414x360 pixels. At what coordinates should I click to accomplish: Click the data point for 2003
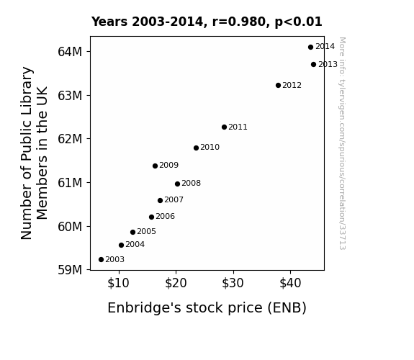[101, 260]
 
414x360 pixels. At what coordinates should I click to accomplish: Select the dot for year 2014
[310, 47]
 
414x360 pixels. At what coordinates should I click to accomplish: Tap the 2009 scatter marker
[155, 166]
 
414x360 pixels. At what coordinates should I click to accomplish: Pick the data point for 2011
[224, 127]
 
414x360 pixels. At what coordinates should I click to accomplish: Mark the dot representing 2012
[278, 85]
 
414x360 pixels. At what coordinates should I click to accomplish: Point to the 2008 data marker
[177, 184]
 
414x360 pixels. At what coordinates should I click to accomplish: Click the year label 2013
[328, 65]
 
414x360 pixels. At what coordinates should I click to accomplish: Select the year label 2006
[165, 216]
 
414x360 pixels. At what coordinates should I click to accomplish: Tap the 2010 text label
[210, 147]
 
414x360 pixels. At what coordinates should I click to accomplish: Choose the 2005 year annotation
[146, 231]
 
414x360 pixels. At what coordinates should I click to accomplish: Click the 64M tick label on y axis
[70, 52]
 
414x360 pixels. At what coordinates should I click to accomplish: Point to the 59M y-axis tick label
[70, 270]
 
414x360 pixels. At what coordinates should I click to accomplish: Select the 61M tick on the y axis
[70, 183]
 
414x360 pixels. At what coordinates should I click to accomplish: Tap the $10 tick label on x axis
[118, 283]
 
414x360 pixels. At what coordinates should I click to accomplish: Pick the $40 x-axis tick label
[290, 283]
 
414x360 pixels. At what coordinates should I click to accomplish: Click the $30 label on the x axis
[233, 283]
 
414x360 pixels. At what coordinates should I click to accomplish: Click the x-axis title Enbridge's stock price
[207, 308]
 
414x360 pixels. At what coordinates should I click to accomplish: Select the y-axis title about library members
[34, 153]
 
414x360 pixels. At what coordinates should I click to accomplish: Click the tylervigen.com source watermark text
[342, 143]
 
